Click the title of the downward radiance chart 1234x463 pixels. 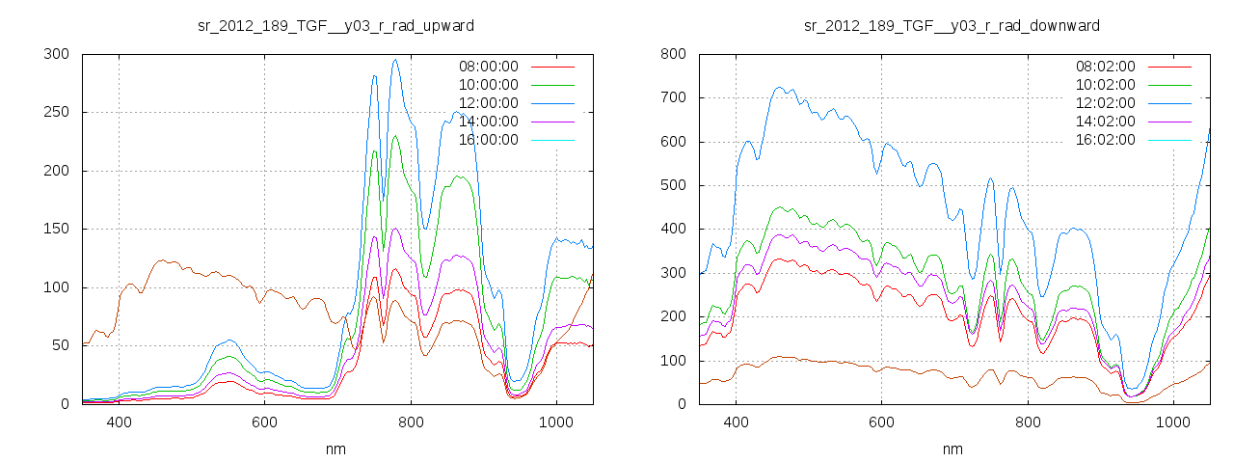point(952,25)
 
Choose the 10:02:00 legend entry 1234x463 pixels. point(1105,85)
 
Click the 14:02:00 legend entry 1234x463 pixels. point(1105,122)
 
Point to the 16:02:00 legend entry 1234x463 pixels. point(1105,140)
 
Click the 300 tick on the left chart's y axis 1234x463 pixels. point(56,54)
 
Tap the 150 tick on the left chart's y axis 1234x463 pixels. point(56,229)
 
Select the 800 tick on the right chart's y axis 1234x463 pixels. point(673,54)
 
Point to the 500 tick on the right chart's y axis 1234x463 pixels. point(673,185)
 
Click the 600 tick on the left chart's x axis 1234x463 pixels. point(264,422)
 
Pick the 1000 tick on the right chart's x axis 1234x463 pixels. point(1173,422)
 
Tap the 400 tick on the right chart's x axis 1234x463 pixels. point(737,422)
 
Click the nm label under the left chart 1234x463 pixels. point(335,449)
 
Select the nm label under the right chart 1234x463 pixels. point(952,449)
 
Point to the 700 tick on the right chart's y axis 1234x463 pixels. point(673,97)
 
